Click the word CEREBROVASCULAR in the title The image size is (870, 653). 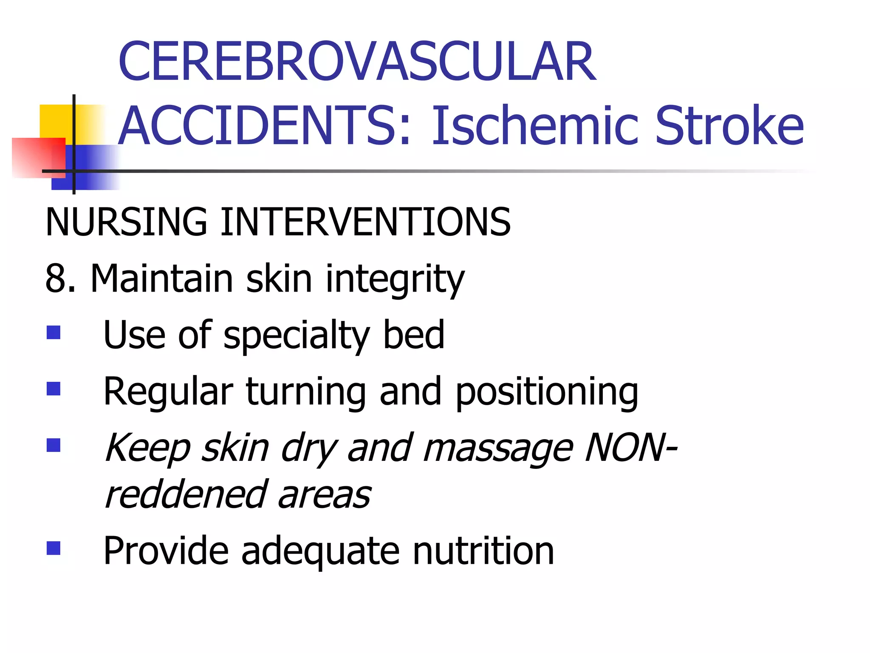pos(357,61)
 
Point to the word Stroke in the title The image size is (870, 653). pos(729,126)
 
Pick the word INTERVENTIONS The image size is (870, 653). pos(365,222)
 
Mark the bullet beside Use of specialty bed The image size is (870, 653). pos(54,332)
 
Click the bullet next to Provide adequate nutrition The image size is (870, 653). pos(54,548)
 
